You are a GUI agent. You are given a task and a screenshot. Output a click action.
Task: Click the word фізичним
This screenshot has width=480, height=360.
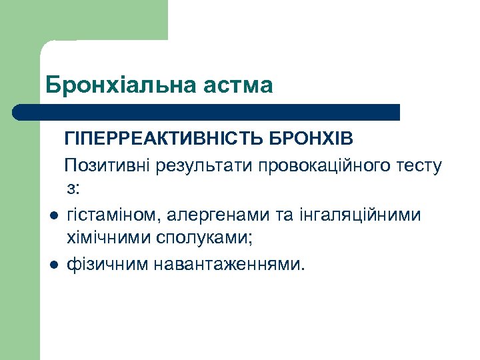click(108, 264)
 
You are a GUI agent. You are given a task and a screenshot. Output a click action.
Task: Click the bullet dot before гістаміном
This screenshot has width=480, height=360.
click(52, 216)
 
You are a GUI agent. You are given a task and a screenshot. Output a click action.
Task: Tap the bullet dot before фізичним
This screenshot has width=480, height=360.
click(52, 265)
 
